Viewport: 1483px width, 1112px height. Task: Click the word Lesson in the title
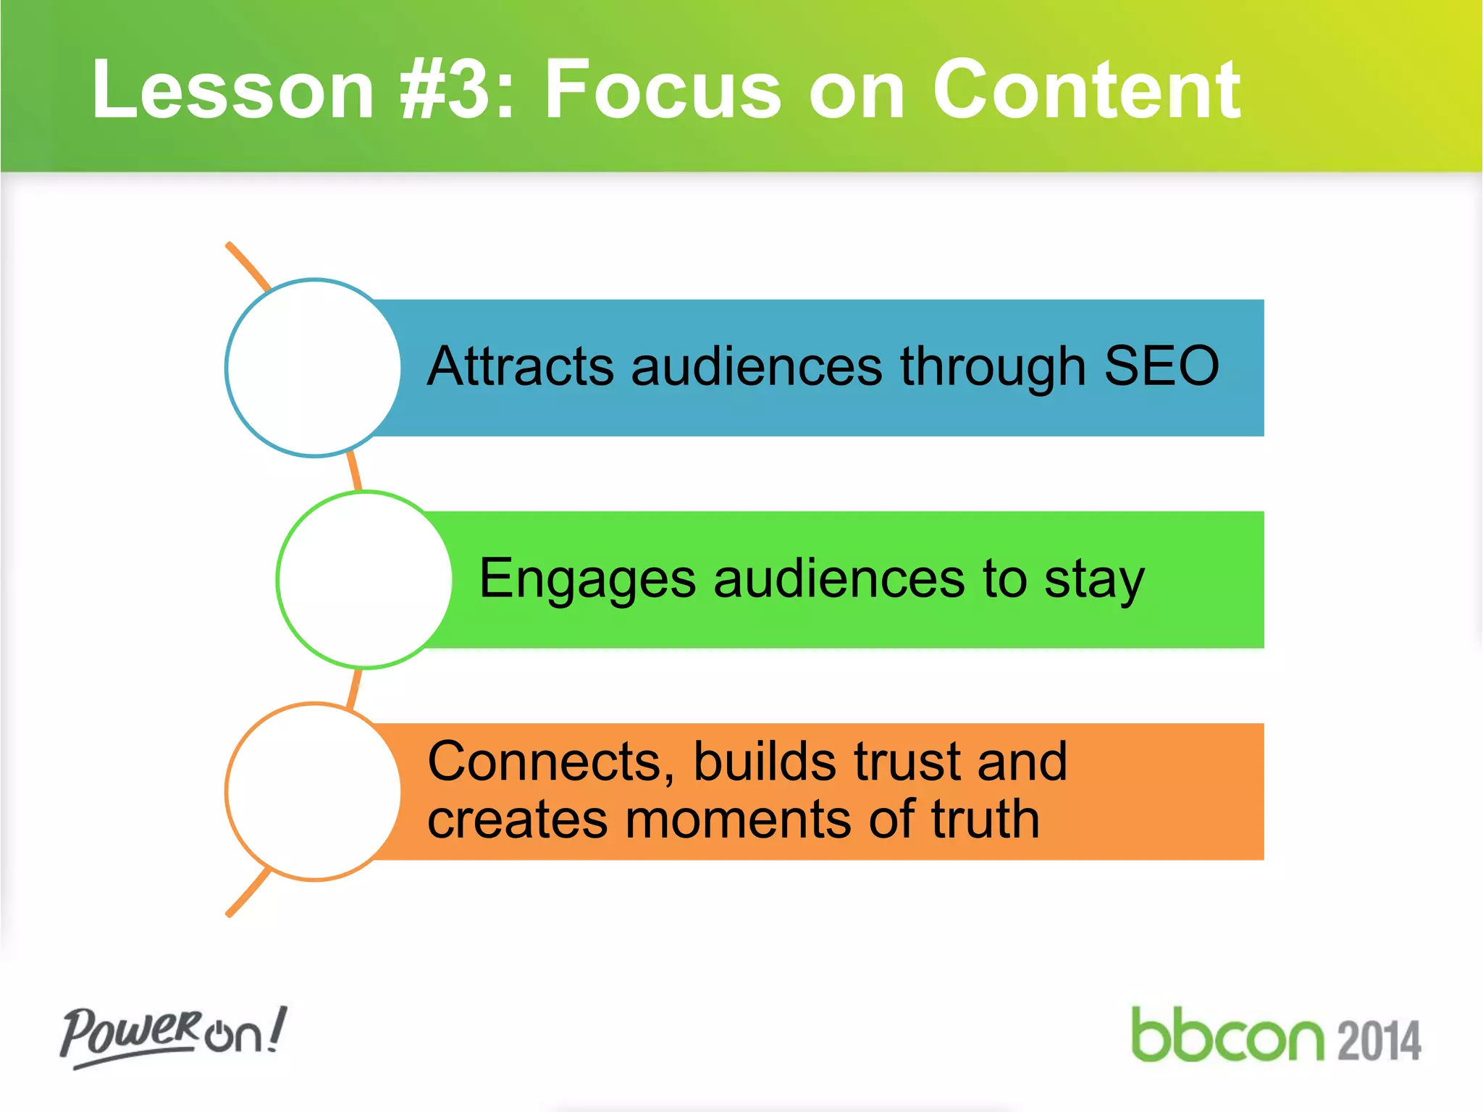[x=232, y=90]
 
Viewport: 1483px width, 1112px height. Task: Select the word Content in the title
[x=1086, y=90]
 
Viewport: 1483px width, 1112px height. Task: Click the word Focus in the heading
[x=663, y=90]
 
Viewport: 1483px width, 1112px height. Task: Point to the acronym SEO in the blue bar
[x=1161, y=366]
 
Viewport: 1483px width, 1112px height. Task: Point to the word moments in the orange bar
[x=739, y=820]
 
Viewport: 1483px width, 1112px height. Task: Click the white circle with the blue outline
[x=313, y=368]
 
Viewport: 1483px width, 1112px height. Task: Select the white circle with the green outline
[x=364, y=579]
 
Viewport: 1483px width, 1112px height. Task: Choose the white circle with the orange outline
[x=313, y=792]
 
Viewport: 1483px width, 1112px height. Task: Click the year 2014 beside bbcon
[x=1379, y=1041]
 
